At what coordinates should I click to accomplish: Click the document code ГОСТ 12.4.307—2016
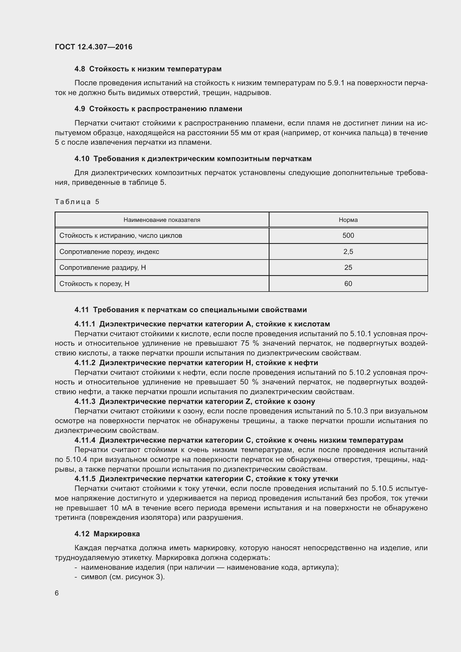click(x=93, y=47)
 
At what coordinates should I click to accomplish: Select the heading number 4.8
click(x=79, y=69)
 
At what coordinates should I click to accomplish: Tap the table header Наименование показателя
click(x=162, y=220)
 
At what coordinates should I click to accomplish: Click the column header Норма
click(x=348, y=220)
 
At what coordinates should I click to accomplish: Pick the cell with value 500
click(x=348, y=236)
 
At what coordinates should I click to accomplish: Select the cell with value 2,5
click(x=348, y=252)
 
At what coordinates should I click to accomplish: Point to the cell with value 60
click(x=348, y=284)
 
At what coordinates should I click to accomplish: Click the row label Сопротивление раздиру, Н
click(x=103, y=268)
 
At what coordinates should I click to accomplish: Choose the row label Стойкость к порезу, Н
click(x=94, y=284)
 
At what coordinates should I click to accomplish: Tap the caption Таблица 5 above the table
click(x=77, y=202)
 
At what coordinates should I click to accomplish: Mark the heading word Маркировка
click(x=117, y=534)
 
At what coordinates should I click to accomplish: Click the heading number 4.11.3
click(x=85, y=401)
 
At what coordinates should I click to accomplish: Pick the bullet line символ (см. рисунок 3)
click(x=123, y=577)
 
